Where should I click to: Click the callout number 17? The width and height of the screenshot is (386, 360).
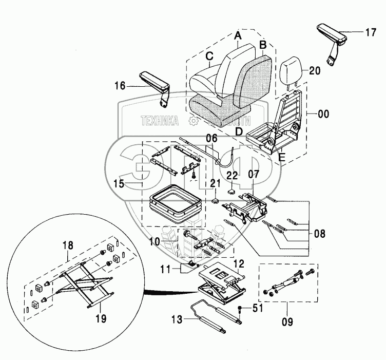tap(371, 33)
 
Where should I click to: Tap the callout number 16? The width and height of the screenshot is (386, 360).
tap(119, 86)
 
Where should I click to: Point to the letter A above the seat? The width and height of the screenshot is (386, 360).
tap(238, 36)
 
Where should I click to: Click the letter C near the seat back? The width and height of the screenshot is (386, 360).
tap(209, 56)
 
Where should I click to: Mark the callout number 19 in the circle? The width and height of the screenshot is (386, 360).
tap(101, 318)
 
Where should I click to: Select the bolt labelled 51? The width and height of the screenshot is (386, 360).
tap(240, 311)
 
